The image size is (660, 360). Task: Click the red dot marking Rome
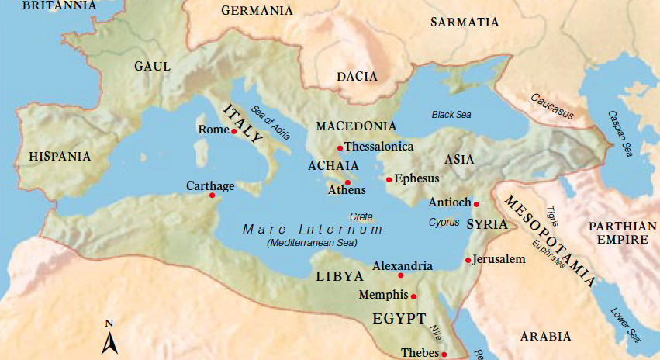pyautogui.click(x=233, y=131)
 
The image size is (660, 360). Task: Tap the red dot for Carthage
pyautogui.click(x=212, y=196)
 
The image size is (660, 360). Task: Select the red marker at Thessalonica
pyautogui.click(x=340, y=147)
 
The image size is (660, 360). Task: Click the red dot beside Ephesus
pyautogui.click(x=389, y=179)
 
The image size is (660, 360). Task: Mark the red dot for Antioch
pyautogui.click(x=476, y=204)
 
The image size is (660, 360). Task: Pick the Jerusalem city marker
pyautogui.click(x=468, y=260)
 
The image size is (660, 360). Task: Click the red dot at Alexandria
pyautogui.click(x=401, y=275)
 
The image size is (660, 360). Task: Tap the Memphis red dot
pyautogui.click(x=413, y=296)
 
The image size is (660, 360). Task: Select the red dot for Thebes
pyautogui.click(x=444, y=355)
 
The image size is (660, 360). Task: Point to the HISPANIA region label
pyautogui.click(x=60, y=157)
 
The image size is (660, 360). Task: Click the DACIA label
pyautogui.click(x=357, y=77)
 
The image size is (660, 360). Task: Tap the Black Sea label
pyautogui.click(x=451, y=115)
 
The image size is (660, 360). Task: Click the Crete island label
pyautogui.click(x=361, y=216)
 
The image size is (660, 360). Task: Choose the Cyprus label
pyautogui.click(x=444, y=222)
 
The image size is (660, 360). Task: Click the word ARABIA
pyautogui.click(x=545, y=337)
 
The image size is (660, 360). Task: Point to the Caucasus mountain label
pyautogui.click(x=552, y=107)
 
